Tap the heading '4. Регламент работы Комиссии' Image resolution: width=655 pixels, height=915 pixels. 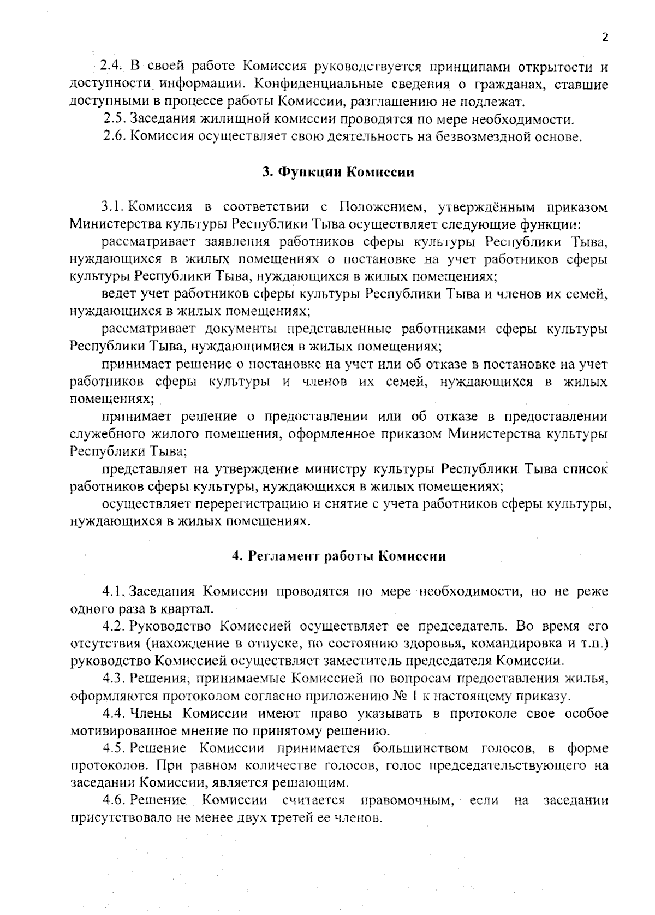(x=339, y=556)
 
